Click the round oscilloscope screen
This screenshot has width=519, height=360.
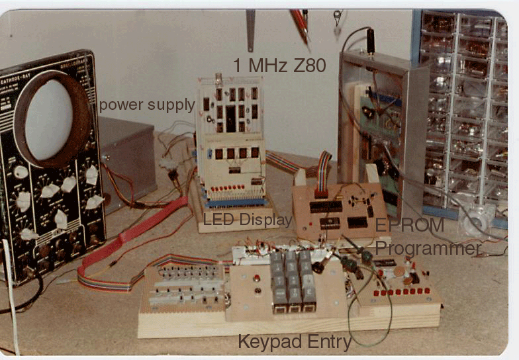coord(48,120)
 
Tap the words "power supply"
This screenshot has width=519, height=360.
coord(147,105)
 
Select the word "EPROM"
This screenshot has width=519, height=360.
coord(409,225)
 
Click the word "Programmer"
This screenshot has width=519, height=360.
coord(428,248)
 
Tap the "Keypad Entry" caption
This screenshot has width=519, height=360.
coord(295,342)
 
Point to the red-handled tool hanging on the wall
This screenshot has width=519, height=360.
coord(299,23)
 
